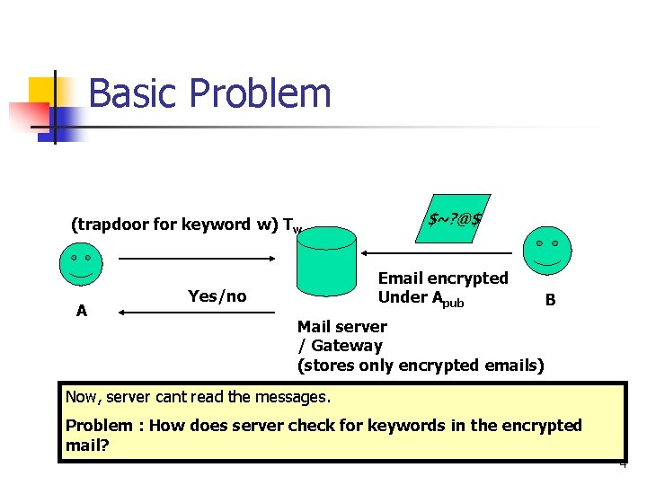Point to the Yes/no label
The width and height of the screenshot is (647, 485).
point(217,296)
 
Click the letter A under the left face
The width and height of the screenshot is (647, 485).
point(82,311)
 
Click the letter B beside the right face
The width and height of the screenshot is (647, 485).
point(550,301)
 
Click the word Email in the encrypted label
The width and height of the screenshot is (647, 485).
point(401,278)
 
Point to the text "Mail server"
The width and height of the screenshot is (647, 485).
point(341,327)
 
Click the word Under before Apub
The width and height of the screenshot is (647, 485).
point(403,297)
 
